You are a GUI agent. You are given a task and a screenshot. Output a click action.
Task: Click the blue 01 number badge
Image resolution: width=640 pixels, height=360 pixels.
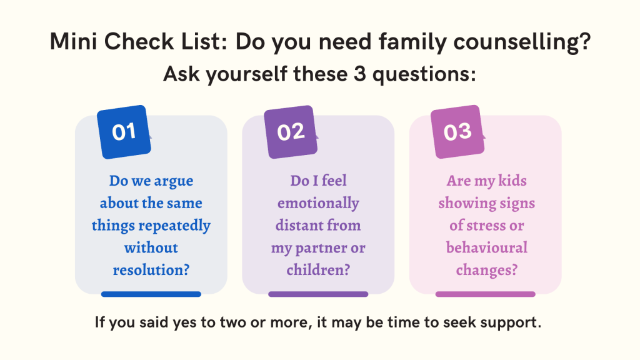(124, 132)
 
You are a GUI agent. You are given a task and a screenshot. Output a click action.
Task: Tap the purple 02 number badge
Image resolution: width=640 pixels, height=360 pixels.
(291, 132)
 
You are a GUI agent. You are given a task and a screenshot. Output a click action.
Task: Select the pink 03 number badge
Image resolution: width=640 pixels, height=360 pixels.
(457, 132)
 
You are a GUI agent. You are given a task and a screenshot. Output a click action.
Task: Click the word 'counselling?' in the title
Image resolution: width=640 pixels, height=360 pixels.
(522, 42)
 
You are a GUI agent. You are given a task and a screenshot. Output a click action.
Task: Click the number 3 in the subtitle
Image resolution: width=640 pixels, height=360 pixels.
(359, 74)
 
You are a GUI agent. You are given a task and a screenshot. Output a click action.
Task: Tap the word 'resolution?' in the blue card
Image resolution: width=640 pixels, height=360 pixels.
(151, 270)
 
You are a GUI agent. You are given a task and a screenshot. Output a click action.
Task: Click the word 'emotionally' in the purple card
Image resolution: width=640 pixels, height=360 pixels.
(318, 203)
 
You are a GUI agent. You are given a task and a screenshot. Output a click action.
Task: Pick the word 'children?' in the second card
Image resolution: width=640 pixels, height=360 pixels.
(318, 270)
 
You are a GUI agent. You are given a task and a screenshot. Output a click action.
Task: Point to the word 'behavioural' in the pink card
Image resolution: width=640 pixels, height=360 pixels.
(486, 247)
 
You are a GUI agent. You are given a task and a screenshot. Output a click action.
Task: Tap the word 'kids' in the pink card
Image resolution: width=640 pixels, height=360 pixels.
(512, 181)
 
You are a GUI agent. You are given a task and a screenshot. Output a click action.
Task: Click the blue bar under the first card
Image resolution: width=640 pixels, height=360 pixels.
(151, 294)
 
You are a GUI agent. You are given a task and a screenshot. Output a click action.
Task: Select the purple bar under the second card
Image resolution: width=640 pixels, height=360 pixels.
(318, 294)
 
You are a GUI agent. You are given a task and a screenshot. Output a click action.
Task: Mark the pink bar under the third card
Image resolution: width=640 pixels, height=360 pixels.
(485, 294)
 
